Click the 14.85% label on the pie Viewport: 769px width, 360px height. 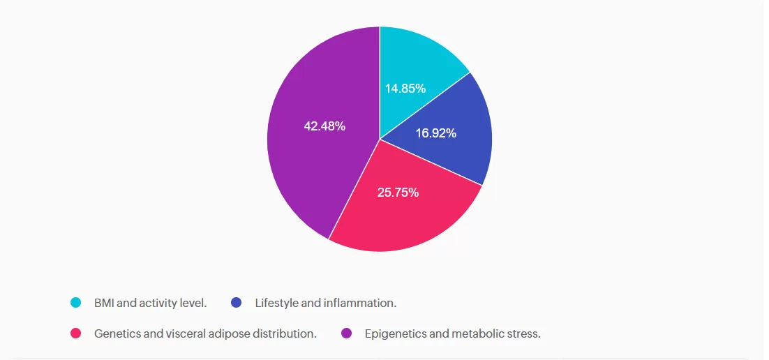[405, 89]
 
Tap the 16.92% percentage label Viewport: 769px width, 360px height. [435, 133]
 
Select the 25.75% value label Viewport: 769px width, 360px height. [398, 193]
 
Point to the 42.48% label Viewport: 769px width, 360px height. [324, 126]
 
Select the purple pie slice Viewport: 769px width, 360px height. [307, 160]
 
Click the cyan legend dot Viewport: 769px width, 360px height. [76, 303]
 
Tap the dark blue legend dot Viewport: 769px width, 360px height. [236, 303]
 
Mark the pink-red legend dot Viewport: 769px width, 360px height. [76, 333]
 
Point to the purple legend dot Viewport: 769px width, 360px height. [346, 333]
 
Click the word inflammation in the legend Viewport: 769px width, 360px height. [361, 303]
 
